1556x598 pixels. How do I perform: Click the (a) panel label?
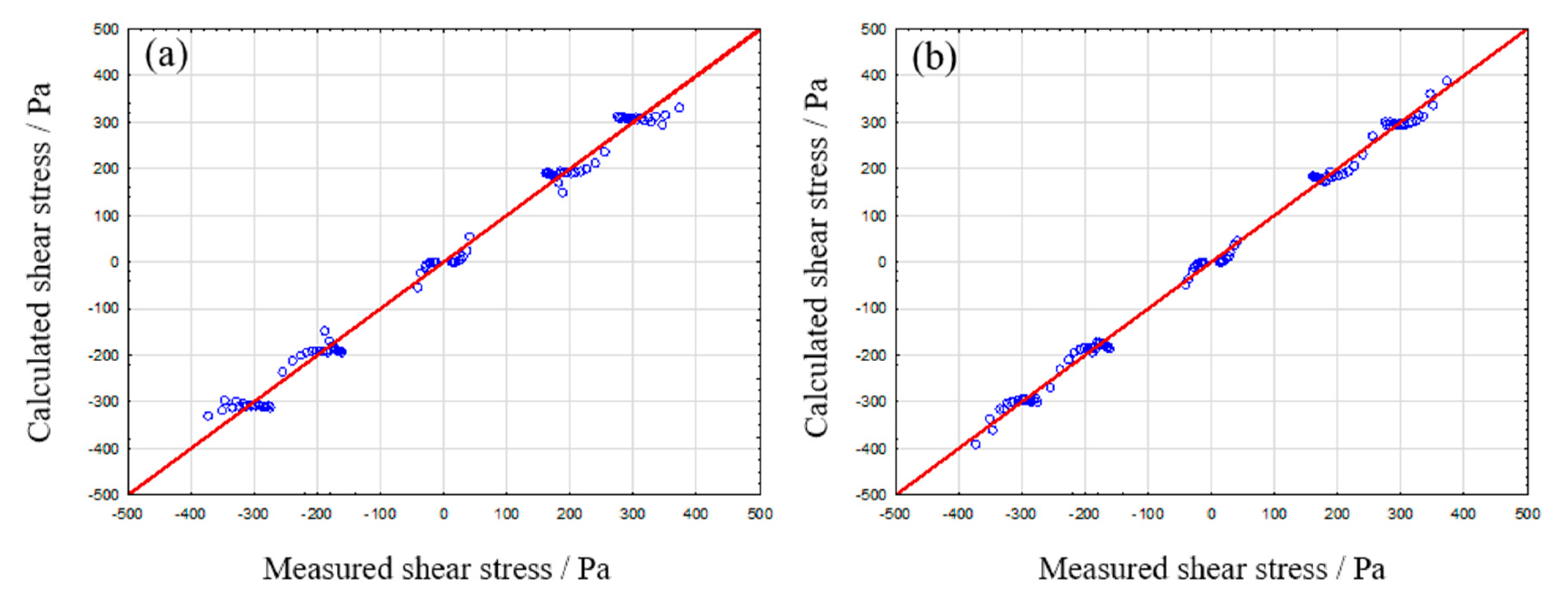click(166, 56)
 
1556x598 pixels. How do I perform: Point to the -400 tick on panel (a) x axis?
click(189, 515)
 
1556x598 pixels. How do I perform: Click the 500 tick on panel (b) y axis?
click(873, 29)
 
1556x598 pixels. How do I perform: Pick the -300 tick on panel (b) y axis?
click(870, 402)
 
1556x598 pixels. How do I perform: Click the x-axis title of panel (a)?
click(436, 569)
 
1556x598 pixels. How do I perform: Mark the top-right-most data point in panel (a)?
click(679, 107)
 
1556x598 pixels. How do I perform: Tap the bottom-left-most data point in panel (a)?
click(208, 416)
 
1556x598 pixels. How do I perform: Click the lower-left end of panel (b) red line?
click(897, 493)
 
